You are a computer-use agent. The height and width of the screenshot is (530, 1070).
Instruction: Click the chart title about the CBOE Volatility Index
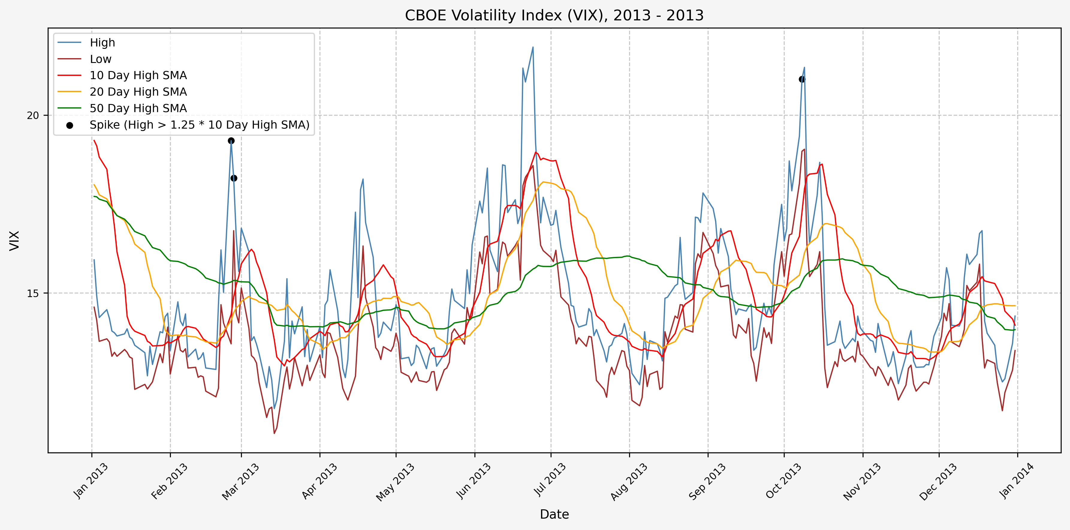554,15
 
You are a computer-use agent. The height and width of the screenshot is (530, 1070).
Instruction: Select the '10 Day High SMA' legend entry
138,76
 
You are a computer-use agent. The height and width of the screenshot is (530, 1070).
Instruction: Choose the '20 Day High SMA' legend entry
138,92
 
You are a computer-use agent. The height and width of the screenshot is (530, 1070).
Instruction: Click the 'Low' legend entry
100,59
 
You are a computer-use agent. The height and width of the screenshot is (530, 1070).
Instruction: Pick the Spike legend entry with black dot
199,125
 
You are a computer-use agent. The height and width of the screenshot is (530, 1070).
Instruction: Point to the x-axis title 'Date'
554,514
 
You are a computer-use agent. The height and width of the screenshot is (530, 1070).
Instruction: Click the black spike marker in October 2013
802,79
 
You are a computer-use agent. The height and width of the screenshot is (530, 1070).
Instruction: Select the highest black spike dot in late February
231,141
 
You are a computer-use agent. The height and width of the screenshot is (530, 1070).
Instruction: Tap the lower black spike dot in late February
234,178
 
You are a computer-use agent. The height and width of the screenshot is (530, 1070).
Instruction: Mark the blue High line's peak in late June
533,47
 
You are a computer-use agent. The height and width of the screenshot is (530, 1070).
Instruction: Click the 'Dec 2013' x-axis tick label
938,481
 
